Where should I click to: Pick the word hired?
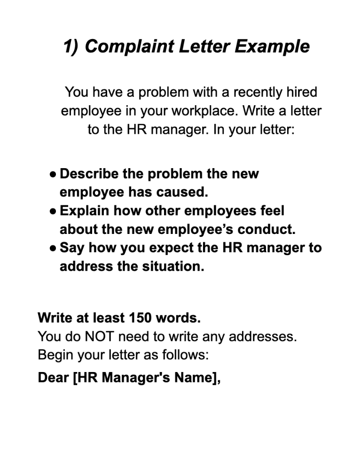point(302,92)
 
